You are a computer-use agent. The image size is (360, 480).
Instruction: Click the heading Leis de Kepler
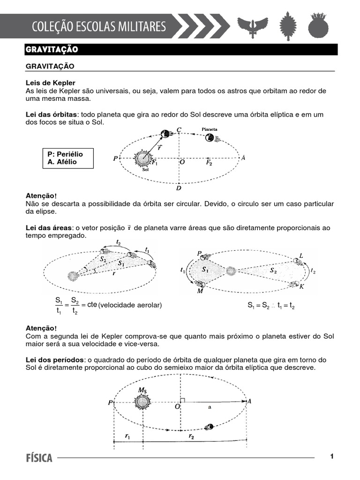pos(51,83)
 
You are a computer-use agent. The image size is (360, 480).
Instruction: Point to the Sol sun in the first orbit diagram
pos(142,158)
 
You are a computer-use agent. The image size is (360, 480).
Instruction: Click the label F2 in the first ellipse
pos(210,163)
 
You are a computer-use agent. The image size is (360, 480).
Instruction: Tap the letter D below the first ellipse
pos(179,188)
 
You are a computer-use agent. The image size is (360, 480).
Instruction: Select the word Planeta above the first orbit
pos(209,129)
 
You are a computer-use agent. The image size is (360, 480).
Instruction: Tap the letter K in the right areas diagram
pos(301,286)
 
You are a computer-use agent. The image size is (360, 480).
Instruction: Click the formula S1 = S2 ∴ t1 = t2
pos(271,305)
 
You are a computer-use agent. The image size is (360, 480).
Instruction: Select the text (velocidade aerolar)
pos(130,305)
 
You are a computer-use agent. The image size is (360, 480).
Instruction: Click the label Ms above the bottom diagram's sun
pos(142,390)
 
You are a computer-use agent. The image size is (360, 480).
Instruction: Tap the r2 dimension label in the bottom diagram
pos(191,436)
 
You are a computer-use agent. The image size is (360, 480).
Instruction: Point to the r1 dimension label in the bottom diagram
pos(127,436)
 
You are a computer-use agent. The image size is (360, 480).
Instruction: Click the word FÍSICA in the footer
pos(39,458)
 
